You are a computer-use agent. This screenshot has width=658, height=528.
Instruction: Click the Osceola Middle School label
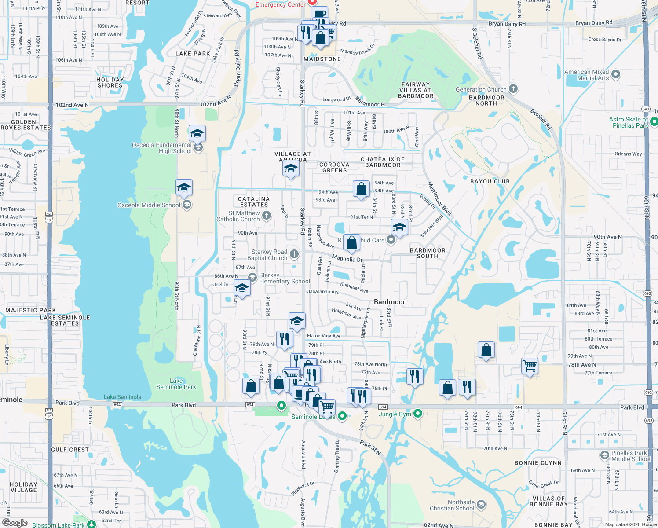tap(149, 205)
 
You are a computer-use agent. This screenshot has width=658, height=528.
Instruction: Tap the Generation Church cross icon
tap(513, 89)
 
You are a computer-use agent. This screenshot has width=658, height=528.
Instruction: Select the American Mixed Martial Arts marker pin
tap(616, 74)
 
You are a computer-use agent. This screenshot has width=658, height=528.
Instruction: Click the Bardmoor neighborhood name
tap(389, 302)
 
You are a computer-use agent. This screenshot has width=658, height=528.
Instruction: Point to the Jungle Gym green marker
tap(418, 413)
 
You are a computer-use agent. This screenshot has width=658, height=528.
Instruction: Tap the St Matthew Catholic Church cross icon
tap(266, 215)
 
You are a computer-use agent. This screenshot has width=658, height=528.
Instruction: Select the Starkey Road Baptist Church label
tap(269, 255)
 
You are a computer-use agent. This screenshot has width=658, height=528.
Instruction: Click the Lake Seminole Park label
tap(176, 384)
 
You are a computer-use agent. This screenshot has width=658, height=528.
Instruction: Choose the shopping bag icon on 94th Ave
tap(361, 190)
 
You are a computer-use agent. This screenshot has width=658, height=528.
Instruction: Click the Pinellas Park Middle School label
tap(630, 456)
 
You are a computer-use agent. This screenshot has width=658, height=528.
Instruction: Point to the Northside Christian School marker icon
tap(481, 505)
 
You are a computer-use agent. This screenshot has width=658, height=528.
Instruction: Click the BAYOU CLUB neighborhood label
tap(490, 181)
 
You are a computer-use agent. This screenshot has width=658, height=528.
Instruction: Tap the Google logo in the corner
tap(15, 522)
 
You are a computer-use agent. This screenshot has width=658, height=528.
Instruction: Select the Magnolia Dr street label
tap(347, 259)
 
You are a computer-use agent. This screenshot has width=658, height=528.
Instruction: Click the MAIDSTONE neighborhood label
tap(322, 59)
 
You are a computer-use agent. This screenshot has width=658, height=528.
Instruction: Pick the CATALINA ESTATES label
tap(254, 202)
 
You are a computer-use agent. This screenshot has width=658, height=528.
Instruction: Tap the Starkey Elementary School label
tap(284, 278)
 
